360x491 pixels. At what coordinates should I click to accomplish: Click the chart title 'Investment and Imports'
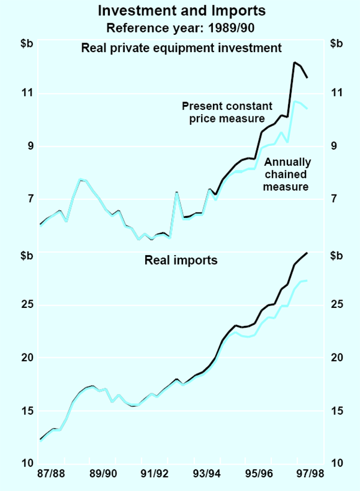pyautogui.click(x=180, y=10)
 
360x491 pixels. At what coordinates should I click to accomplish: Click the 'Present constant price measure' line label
pyautogui.click(x=227, y=112)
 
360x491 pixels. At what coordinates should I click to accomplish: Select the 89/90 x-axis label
pyautogui.click(x=103, y=474)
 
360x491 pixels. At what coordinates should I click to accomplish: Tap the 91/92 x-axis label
pyautogui.click(x=155, y=474)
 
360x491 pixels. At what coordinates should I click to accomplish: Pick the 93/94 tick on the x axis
pyautogui.click(x=206, y=474)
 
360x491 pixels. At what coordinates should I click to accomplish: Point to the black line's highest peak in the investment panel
pyautogui.click(x=294, y=62)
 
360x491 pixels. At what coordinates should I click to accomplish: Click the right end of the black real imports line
pyautogui.click(x=307, y=253)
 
